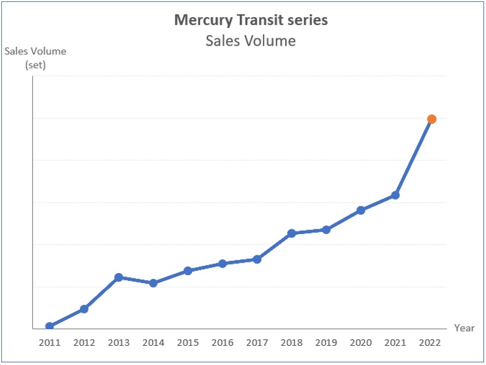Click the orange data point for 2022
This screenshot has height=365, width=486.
click(431, 119)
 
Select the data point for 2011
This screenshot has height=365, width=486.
click(50, 326)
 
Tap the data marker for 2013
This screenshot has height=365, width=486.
click(119, 277)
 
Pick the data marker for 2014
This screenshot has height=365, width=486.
click(153, 283)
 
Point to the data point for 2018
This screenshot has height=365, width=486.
click(292, 233)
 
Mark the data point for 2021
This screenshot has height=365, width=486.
click(396, 195)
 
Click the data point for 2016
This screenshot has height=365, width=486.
click(223, 263)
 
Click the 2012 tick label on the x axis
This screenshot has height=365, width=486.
click(84, 343)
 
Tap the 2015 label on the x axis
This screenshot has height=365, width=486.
click(188, 343)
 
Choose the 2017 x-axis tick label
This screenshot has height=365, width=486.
click(258, 343)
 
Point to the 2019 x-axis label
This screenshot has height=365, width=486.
click(326, 343)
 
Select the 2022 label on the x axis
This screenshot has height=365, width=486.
click(430, 343)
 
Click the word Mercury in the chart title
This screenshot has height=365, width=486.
click(199, 20)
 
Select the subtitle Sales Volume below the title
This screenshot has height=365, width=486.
click(250, 41)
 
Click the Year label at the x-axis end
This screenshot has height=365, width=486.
click(464, 328)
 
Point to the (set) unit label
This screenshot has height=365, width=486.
click(36, 64)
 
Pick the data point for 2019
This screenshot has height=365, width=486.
click(326, 229)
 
